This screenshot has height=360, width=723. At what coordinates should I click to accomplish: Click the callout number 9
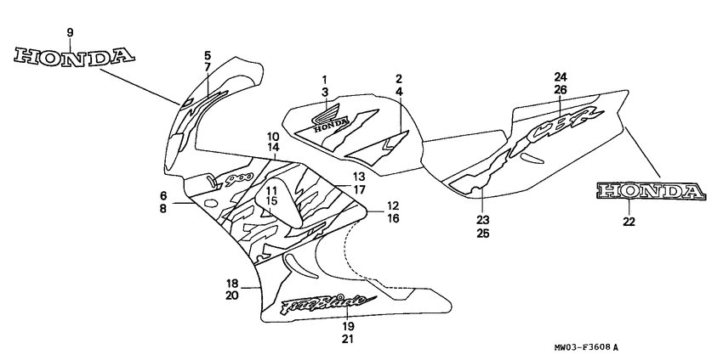click(x=70, y=32)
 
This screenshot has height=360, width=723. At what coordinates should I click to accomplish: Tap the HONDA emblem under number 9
click(x=75, y=57)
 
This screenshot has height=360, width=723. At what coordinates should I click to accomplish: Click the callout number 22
click(x=629, y=222)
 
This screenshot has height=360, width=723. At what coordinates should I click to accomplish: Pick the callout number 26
click(x=560, y=89)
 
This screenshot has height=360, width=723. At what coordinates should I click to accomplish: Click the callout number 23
click(x=481, y=218)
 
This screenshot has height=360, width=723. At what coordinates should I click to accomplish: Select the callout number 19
click(x=348, y=326)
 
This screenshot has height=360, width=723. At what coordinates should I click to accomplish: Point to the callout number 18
click(x=231, y=283)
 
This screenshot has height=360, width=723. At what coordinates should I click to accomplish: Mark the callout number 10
click(x=273, y=137)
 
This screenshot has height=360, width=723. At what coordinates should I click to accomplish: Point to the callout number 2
click(x=399, y=79)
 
